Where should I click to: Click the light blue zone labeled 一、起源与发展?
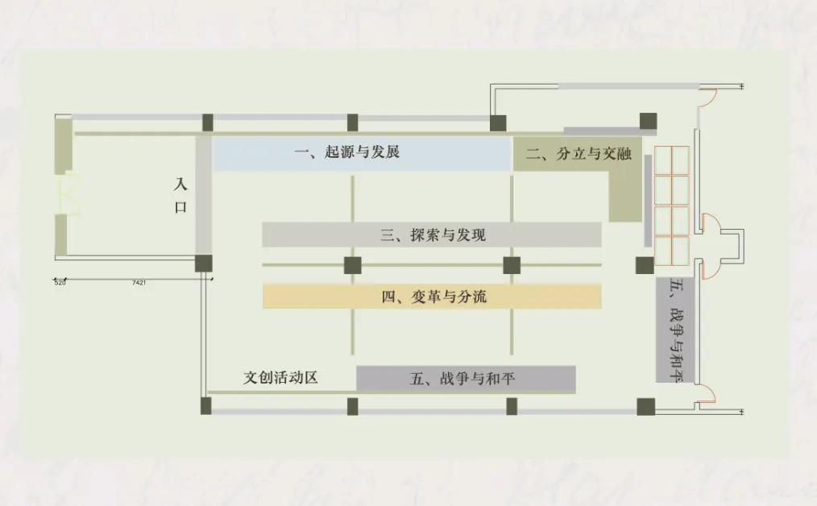click(x=361, y=153)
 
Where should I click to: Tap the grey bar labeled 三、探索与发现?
click(x=432, y=235)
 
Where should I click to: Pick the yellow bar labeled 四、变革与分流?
click(x=432, y=297)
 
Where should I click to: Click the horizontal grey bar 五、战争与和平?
click(x=466, y=379)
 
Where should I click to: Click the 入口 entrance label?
click(x=181, y=196)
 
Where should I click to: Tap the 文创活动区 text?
click(x=281, y=377)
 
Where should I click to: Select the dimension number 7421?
click(x=139, y=283)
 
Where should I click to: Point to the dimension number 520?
click(x=60, y=283)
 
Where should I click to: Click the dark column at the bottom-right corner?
click(x=645, y=407)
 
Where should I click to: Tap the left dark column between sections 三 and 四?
click(x=352, y=265)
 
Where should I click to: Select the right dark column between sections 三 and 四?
click(x=512, y=265)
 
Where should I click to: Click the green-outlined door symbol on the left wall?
click(x=70, y=194)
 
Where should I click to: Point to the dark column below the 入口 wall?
click(x=203, y=263)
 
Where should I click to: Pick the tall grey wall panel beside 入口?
click(x=203, y=195)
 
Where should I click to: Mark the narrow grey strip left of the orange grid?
click(x=647, y=200)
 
